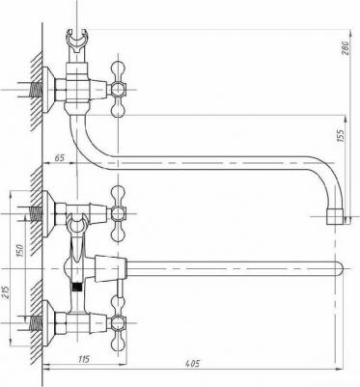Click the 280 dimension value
pos(346,43)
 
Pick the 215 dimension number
pos(7,289)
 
